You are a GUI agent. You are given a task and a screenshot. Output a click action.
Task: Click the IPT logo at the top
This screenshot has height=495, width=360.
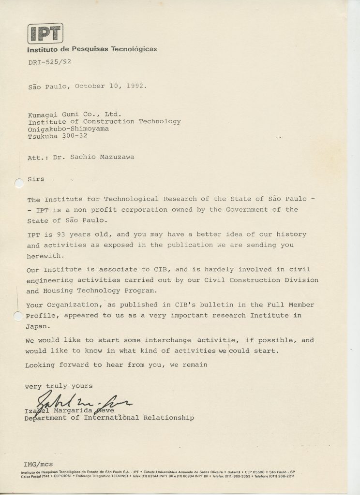click(x=46, y=33)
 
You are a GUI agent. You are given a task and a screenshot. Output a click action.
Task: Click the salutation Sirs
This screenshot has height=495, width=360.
click(x=35, y=179)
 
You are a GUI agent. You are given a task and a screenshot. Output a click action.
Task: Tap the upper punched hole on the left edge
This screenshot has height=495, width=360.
click(x=18, y=184)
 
